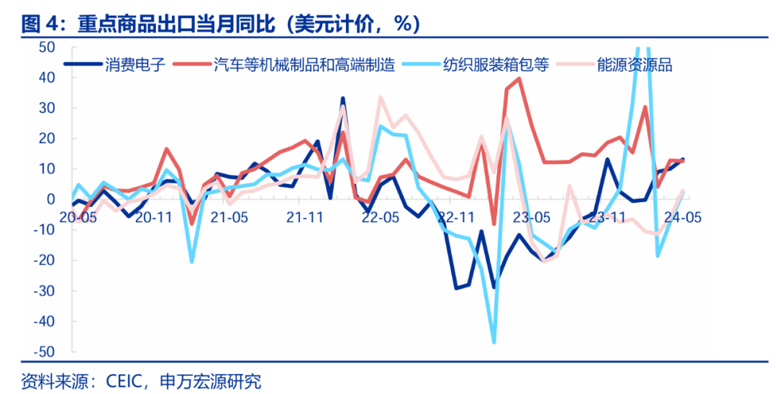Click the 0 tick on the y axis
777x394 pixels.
coord(51,199)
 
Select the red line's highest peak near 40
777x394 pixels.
coord(519,78)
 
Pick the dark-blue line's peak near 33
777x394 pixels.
coord(342,98)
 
